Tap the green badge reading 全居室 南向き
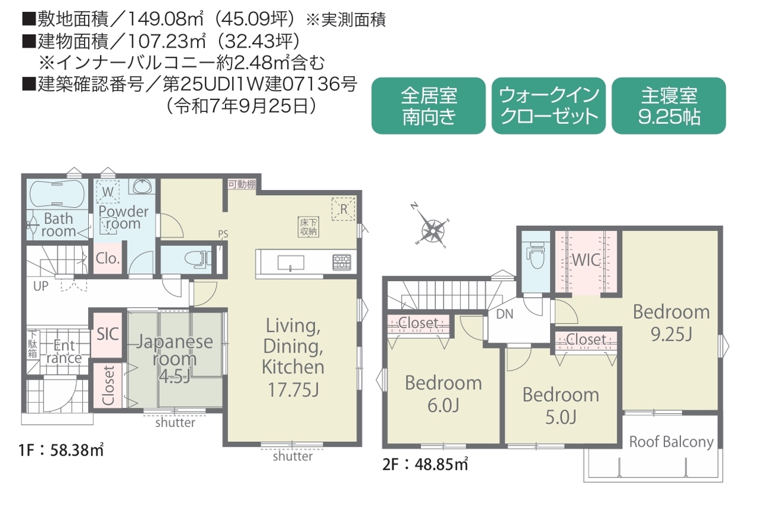428,106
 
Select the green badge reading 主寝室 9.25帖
669,106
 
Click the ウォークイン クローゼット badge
548,106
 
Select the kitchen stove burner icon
342,262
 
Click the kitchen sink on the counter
291,263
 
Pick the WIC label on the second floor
586,260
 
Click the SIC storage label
108,334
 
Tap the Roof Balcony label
672,442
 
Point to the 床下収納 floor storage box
308,227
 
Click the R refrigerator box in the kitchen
343,209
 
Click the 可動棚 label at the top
242,184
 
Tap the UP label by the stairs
41,286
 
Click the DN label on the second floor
504,314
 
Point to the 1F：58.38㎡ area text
61,450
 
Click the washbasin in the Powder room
142,186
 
